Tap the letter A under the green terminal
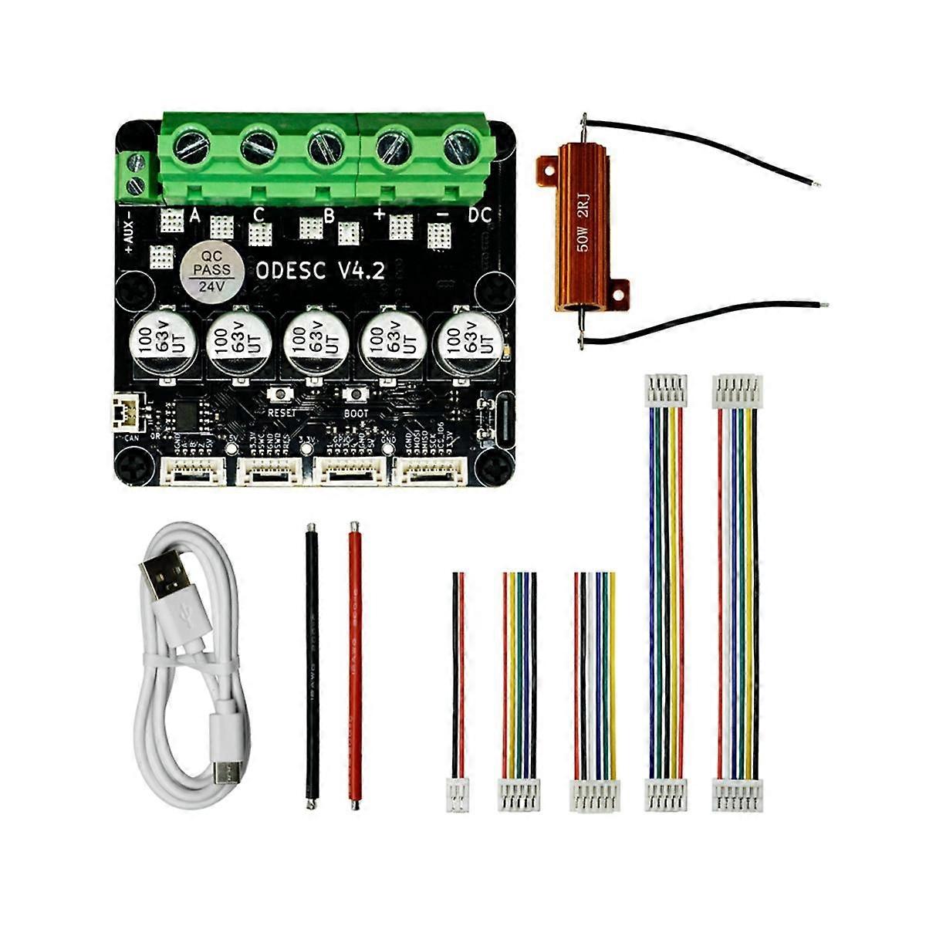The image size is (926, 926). coord(194,216)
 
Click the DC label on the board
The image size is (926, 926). coord(479,216)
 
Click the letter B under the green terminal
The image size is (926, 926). coord(329,216)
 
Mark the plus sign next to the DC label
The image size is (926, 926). coord(379,215)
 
